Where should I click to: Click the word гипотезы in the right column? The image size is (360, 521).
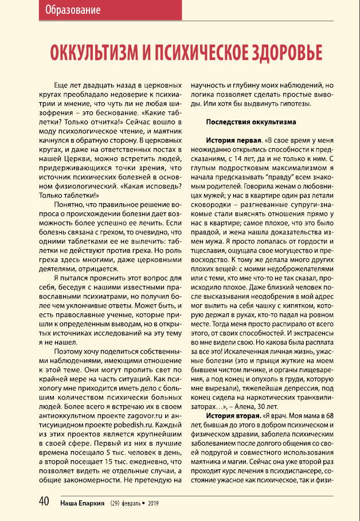pyautogui.click(x=293, y=103)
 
